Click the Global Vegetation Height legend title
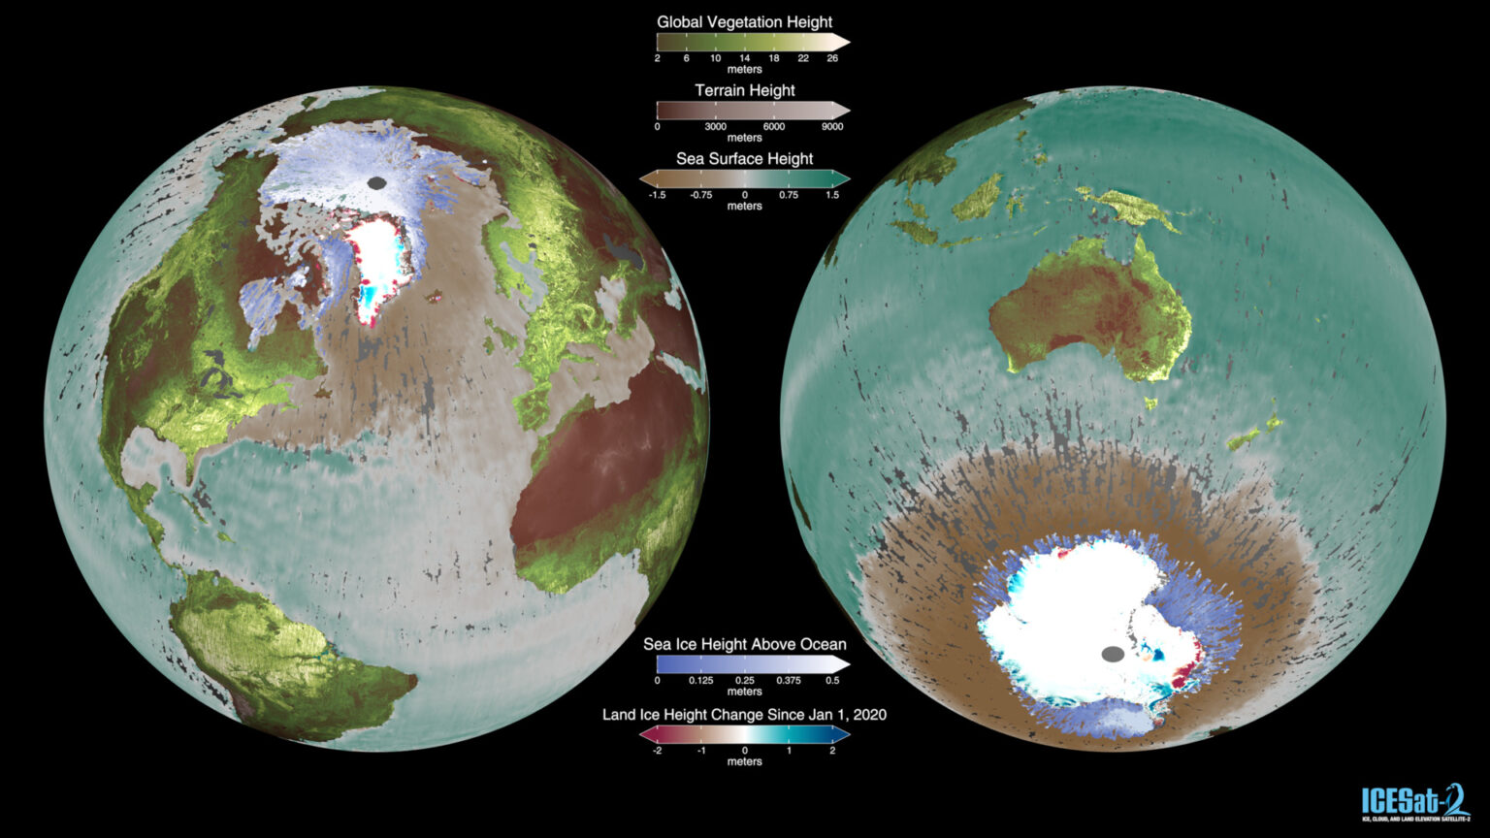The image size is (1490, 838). [744, 21]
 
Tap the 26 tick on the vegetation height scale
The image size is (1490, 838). [832, 58]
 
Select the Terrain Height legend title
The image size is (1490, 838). [744, 90]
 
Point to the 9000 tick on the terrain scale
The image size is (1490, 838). [831, 126]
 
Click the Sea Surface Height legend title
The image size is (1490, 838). [744, 158]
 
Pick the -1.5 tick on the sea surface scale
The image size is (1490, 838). [657, 195]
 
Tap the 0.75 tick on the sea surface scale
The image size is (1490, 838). [788, 195]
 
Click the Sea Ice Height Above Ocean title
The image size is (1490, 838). [744, 644]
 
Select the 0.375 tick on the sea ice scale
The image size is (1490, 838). [788, 681]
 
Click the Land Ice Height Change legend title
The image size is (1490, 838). [744, 715]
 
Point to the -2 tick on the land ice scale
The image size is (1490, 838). [657, 751]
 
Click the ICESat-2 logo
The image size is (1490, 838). [1415, 801]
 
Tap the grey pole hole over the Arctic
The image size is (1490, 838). [377, 182]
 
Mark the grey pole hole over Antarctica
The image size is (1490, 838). [1114, 654]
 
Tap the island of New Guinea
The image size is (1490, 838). [1130, 207]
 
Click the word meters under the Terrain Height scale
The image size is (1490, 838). [744, 138]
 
